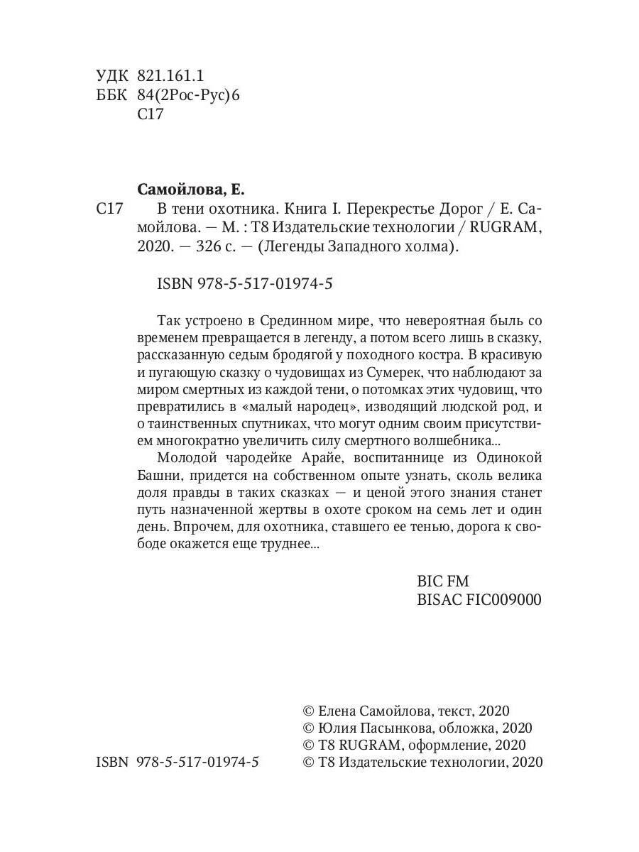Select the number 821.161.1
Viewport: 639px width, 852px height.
170,76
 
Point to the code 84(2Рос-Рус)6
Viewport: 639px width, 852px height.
188,95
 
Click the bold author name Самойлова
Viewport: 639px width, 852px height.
181,190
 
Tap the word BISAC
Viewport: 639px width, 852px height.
439,600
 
